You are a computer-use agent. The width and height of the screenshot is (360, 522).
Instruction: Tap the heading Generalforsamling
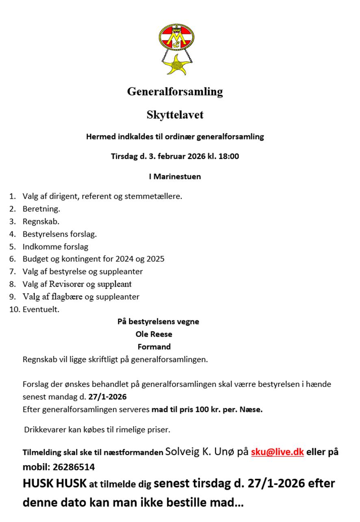pos(175,91)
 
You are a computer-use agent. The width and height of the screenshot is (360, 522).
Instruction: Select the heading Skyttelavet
pos(175,115)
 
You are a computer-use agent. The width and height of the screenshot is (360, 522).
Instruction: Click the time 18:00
pos(229,156)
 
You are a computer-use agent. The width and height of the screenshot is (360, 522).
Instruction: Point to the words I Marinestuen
pos(175,177)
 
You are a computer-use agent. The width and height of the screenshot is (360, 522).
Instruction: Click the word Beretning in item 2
pos(41,209)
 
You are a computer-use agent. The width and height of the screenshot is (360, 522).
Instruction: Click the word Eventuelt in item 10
pos(41,309)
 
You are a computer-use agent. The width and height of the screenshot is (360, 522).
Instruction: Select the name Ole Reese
pos(154,334)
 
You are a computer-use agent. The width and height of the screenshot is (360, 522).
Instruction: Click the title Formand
pos(154,347)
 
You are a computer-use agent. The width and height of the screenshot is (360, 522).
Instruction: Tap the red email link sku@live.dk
pos(278,452)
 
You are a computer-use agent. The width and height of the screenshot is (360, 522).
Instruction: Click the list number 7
pos(13,272)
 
